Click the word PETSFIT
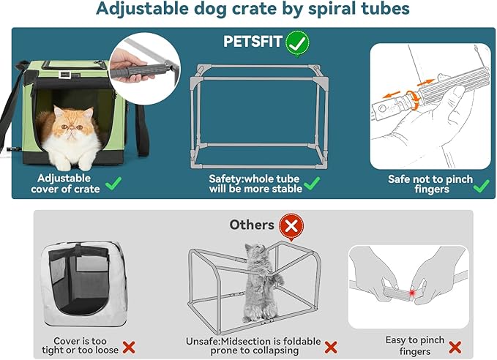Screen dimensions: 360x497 tap(253, 42)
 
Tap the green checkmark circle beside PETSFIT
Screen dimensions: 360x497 tap(296, 42)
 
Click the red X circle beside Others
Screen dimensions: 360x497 tap(291, 225)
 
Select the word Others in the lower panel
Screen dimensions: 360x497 tap(252, 225)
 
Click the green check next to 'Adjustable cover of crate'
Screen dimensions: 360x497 tap(113, 184)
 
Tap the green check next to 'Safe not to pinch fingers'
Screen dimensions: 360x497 tap(481, 185)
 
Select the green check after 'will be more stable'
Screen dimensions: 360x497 tap(313, 184)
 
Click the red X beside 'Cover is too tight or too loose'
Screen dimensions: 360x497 tap(129, 347)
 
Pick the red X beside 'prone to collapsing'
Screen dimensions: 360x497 tap(331, 347)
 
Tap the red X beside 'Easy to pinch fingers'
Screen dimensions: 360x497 tap(455, 347)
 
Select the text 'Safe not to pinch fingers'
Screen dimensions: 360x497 tap(430, 184)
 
